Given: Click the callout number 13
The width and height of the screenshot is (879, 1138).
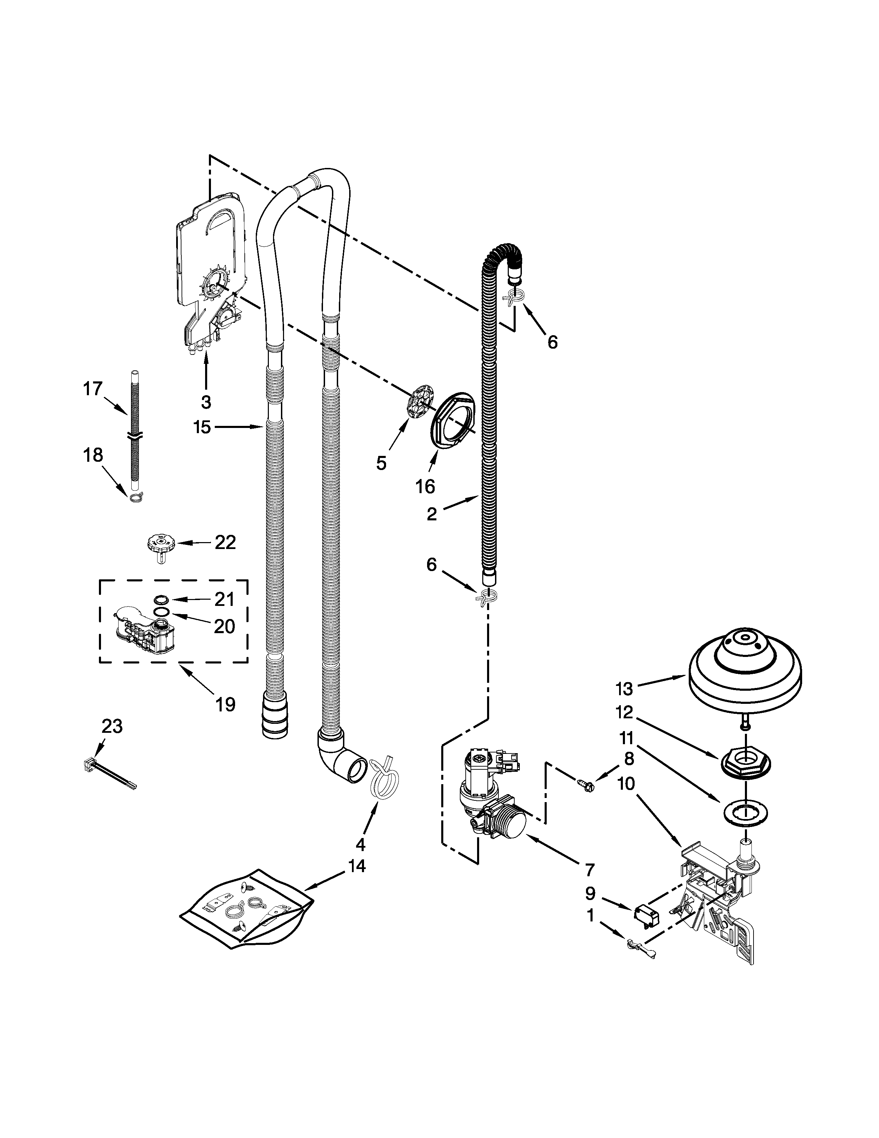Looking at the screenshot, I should click(x=624, y=689).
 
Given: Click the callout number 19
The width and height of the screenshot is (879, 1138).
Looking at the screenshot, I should click(x=225, y=705).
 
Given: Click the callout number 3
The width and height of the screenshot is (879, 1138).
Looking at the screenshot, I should click(x=206, y=402).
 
